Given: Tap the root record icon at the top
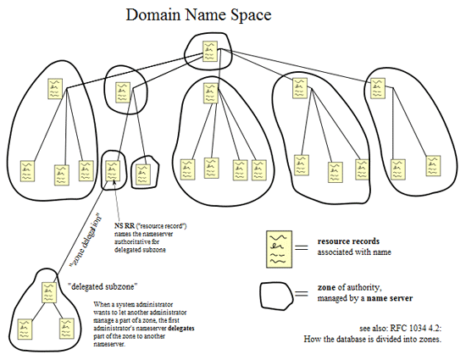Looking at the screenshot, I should click(208, 53).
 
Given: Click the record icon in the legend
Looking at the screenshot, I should click(276, 246).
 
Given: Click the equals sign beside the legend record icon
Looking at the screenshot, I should click(301, 246).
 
